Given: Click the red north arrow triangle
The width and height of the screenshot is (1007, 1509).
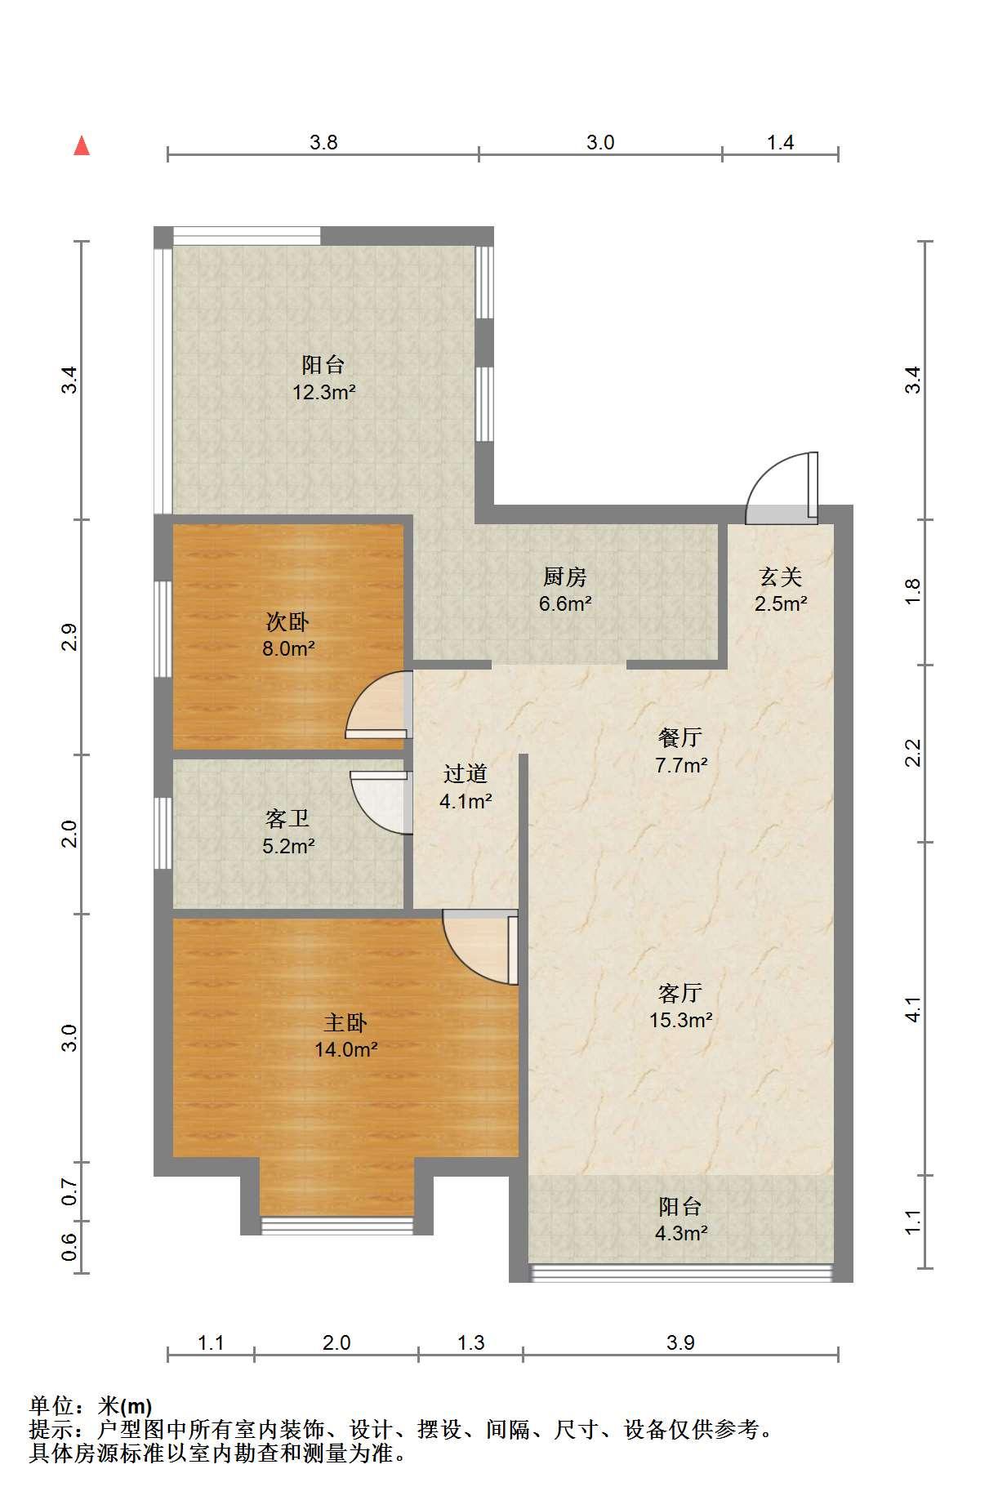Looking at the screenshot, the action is pos(82,145).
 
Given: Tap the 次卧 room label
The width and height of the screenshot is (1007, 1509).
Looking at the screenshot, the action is pos(287,622).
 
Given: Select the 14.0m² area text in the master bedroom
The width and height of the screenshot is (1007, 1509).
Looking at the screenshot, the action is pos(346,1050).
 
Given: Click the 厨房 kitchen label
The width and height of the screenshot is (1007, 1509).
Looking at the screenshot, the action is pos(565,577).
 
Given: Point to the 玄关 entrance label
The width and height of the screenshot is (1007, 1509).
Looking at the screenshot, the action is pos(781,577).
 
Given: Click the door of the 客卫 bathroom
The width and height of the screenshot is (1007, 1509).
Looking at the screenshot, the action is pos(381,802).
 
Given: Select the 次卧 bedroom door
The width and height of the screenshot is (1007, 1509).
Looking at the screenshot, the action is pos(378,704).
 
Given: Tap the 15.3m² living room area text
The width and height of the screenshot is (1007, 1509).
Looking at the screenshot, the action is pos(681,1020).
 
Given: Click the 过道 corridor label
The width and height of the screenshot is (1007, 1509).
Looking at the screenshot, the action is pos(466,773).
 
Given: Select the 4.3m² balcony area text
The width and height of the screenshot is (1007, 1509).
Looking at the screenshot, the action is pos(681,1233).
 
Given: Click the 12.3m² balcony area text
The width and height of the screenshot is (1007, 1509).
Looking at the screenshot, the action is pos(324,392).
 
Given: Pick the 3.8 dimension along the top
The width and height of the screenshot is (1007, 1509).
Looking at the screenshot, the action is pos(323,143).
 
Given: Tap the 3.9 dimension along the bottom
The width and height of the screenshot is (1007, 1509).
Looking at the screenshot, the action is pos(680,1342).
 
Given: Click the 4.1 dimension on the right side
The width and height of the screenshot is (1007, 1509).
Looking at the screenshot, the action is pos(913,1010).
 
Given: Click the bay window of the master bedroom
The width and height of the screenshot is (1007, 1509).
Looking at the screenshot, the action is pos(337,1225).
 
